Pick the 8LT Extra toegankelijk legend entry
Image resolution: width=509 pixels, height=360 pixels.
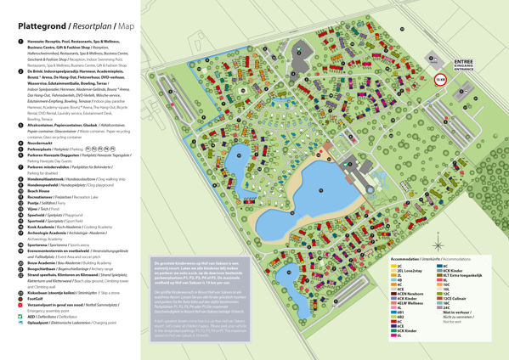[x=459, y=276]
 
